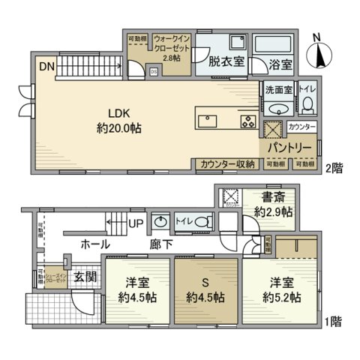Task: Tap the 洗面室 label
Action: click(x=277, y=89)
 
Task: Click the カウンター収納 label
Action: click(x=227, y=164)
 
